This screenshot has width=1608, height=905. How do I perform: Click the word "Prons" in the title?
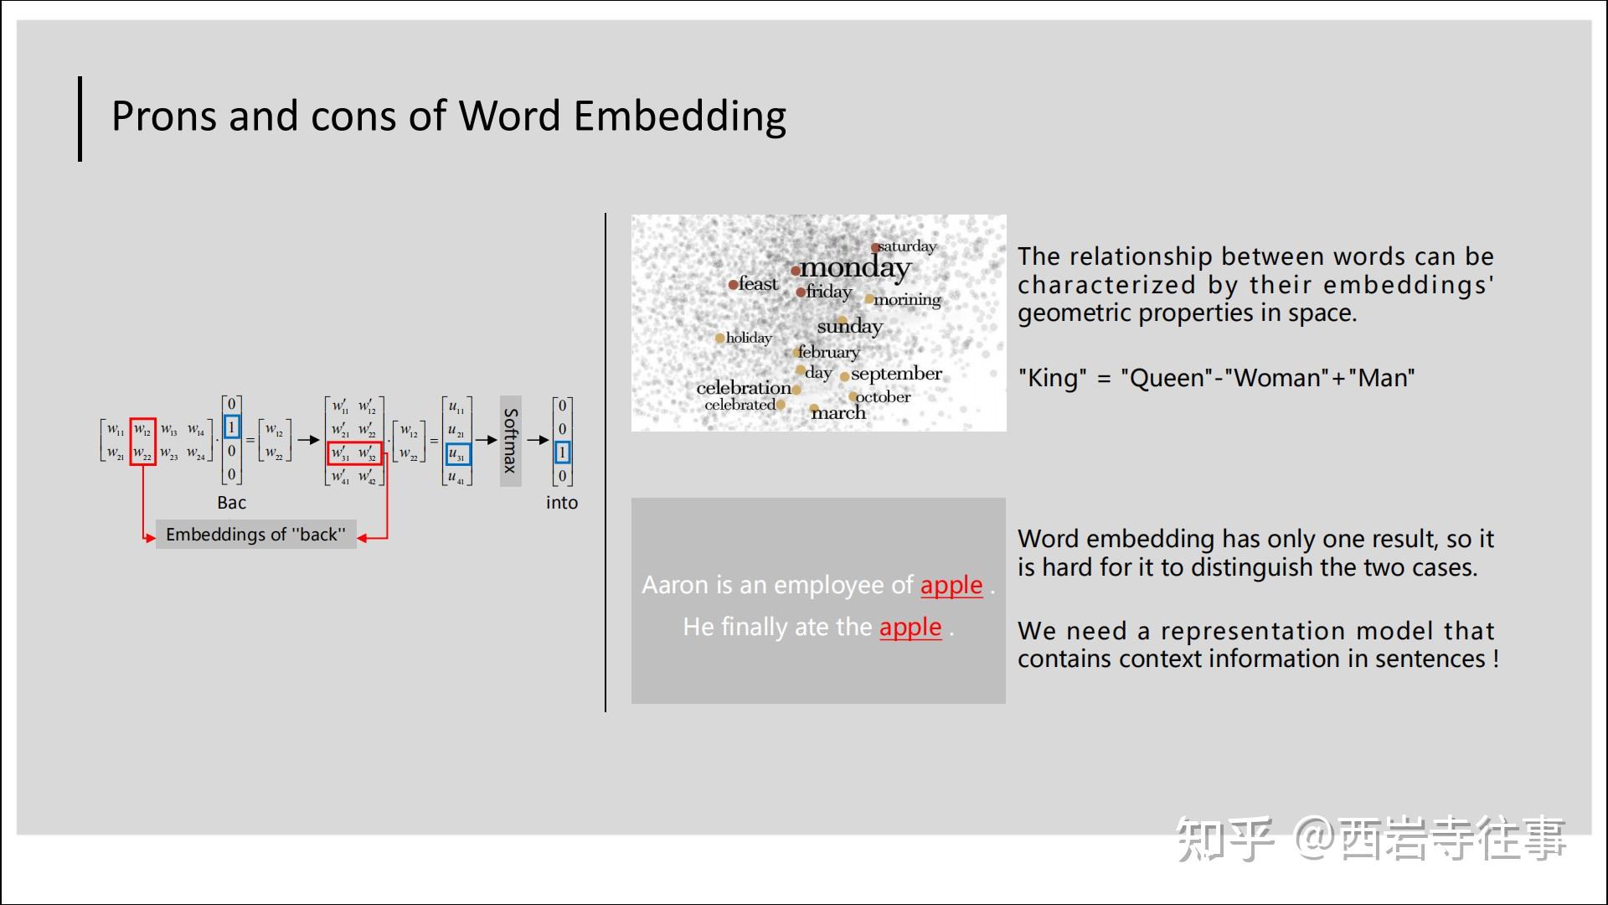point(164,116)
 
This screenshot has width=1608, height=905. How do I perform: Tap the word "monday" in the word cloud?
point(855,268)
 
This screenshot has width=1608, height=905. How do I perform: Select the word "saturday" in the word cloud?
point(907,246)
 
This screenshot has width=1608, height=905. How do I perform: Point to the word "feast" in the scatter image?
point(758,284)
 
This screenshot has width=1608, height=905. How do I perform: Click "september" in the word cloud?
point(896,374)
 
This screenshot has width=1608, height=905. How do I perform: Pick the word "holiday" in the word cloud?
point(749,338)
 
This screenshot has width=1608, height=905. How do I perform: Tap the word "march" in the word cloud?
point(838,412)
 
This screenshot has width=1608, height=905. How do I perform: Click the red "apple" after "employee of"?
point(951,585)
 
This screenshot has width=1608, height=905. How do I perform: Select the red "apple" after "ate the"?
point(910,627)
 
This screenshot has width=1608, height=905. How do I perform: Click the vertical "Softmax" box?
point(511,441)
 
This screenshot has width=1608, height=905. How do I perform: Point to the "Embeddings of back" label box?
point(255,535)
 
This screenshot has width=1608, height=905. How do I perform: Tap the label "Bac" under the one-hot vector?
point(232,503)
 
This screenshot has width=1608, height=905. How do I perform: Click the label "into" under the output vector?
point(562,503)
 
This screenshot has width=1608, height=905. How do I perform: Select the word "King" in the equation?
point(1052,378)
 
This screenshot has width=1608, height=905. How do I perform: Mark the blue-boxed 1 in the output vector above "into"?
point(563,452)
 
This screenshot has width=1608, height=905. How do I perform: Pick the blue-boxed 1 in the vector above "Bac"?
point(232,427)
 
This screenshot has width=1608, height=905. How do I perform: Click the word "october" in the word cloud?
point(884,396)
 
